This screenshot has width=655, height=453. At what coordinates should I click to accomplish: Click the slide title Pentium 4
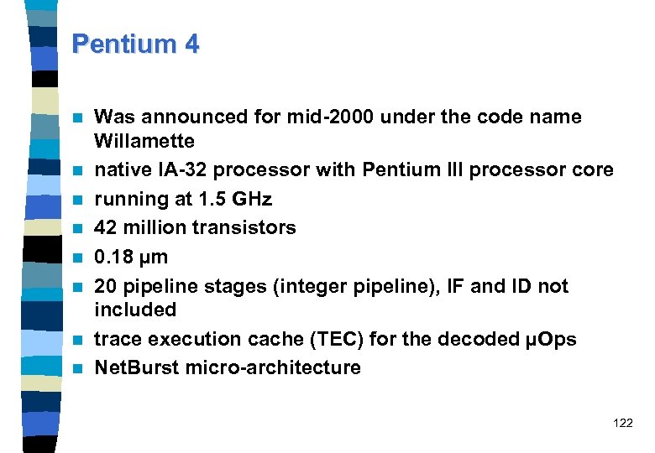136,44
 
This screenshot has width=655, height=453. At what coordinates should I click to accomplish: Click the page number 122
623,424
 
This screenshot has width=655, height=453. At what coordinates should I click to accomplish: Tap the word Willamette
144,141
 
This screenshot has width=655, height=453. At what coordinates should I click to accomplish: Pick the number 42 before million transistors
105,228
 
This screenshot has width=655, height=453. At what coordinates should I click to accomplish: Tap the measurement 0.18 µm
131,257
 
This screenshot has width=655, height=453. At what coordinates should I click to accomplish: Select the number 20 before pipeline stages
106,286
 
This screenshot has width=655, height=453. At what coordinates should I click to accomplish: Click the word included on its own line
135,310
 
